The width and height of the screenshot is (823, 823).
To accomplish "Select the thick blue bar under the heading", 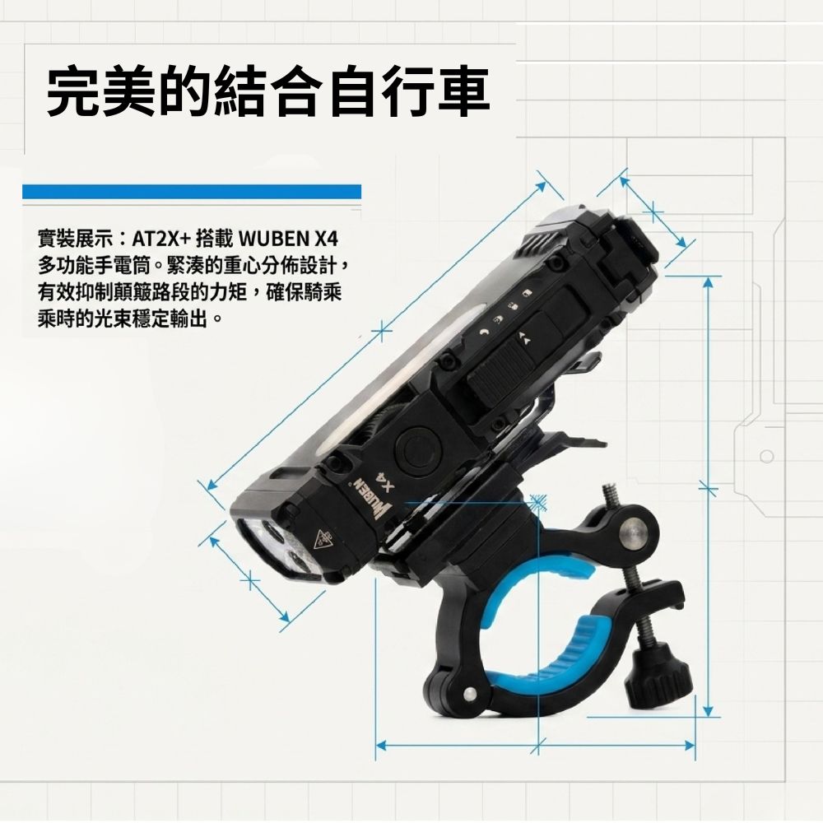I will (x=192, y=191).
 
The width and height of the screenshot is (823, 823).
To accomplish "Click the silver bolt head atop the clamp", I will (x=635, y=532).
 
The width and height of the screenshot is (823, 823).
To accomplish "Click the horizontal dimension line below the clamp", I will (x=535, y=746).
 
